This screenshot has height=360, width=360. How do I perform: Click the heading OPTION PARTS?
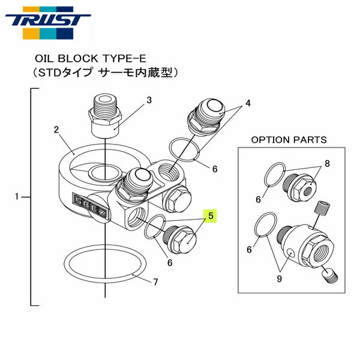pos(289,139)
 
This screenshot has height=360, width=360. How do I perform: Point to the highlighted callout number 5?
pos(211,214)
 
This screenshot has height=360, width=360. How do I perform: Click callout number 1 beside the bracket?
pos(17,196)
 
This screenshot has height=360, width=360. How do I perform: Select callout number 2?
pos(56,129)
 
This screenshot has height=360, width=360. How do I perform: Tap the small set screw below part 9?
pos(330,277)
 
